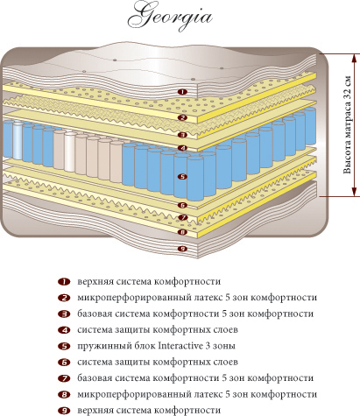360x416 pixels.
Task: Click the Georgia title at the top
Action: [x=170, y=17]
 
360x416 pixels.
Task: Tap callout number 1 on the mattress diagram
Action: [x=182, y=92]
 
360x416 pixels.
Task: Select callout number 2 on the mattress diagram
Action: [x=182, y=117]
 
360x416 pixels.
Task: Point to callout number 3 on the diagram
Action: [x=182, y=135]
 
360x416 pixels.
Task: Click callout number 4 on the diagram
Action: [x=182, y=148]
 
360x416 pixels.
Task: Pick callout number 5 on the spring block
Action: [x=182, y=177]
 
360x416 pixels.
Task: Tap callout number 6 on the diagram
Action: [x=182, y=205]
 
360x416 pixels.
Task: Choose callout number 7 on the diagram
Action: [x=182, y=217]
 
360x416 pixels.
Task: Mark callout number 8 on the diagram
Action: [x=182, y=232]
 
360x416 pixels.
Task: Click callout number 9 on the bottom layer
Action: [x=182, y=249]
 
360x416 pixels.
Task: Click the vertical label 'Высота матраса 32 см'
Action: [x=347, y=125]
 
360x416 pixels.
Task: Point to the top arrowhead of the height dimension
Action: [x=355, y=58]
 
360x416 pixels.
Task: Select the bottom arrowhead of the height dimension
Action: [x=355, y=192]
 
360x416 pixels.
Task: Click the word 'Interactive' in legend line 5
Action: [x=180, y=346]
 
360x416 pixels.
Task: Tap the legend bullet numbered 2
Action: [x=64, y=298]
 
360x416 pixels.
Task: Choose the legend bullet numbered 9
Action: [x=64, y=411]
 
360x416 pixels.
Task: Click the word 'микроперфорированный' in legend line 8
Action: [x=134, y=395]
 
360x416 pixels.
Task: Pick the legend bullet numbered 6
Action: [x=64, y=363]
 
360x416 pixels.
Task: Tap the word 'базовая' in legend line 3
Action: [x=95, y=314]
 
